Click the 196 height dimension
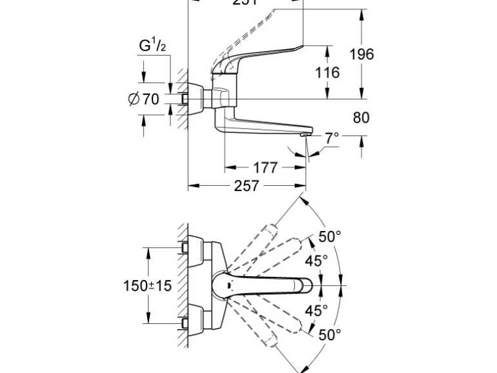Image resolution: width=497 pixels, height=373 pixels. (361, 54)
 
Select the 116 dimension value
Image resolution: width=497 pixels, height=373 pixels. (327, 72)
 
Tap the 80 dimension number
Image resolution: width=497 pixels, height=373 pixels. (361, 117)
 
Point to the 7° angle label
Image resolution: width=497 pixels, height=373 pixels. (332, 137)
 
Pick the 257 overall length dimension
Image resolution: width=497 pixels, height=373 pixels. (246, 186)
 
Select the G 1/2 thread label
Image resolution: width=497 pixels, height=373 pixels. (152, 46)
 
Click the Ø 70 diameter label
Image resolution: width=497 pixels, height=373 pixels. (144, 99)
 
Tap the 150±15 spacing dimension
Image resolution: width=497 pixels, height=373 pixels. (148, 285)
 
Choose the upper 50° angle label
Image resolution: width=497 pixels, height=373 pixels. (329, 237)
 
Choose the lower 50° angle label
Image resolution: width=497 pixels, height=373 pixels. (329, 334)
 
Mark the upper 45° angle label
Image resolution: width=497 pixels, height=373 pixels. (316, 260)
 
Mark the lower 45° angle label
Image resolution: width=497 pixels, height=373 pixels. (316, 310)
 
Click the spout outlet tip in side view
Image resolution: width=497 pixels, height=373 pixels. (304, 134)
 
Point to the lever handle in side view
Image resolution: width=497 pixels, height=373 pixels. (271, 52)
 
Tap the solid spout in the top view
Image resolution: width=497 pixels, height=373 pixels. (271, 285)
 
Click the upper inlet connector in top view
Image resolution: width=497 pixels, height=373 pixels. (185, 248)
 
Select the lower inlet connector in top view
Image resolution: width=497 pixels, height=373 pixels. (185, 321)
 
